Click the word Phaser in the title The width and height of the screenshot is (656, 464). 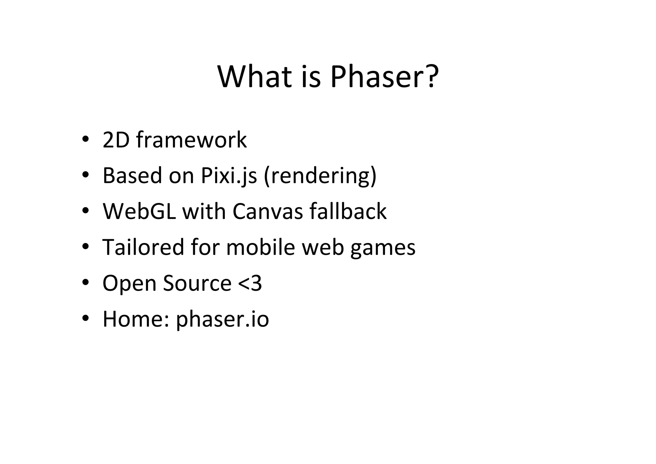[378, 77]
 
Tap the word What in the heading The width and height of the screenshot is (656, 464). [255, 77]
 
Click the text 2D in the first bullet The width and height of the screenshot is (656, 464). [116, 140]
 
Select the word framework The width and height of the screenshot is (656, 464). [191, 140]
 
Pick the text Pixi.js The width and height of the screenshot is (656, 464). [229, 176]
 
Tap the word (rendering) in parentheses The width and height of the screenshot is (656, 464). [320, 176]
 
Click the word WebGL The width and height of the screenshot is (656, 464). [139, 212]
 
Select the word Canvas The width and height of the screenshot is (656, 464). [267, 212]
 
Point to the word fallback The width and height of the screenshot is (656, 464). [348, 212]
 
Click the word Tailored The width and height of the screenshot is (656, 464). [143, 248]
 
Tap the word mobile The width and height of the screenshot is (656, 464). [260, 248]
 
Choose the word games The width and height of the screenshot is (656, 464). [383, 248]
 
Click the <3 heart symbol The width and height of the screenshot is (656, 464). [250, 283]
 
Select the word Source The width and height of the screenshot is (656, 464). [197, 283]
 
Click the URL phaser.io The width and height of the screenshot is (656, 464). [223, 319]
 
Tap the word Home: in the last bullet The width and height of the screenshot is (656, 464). [135, 319]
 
